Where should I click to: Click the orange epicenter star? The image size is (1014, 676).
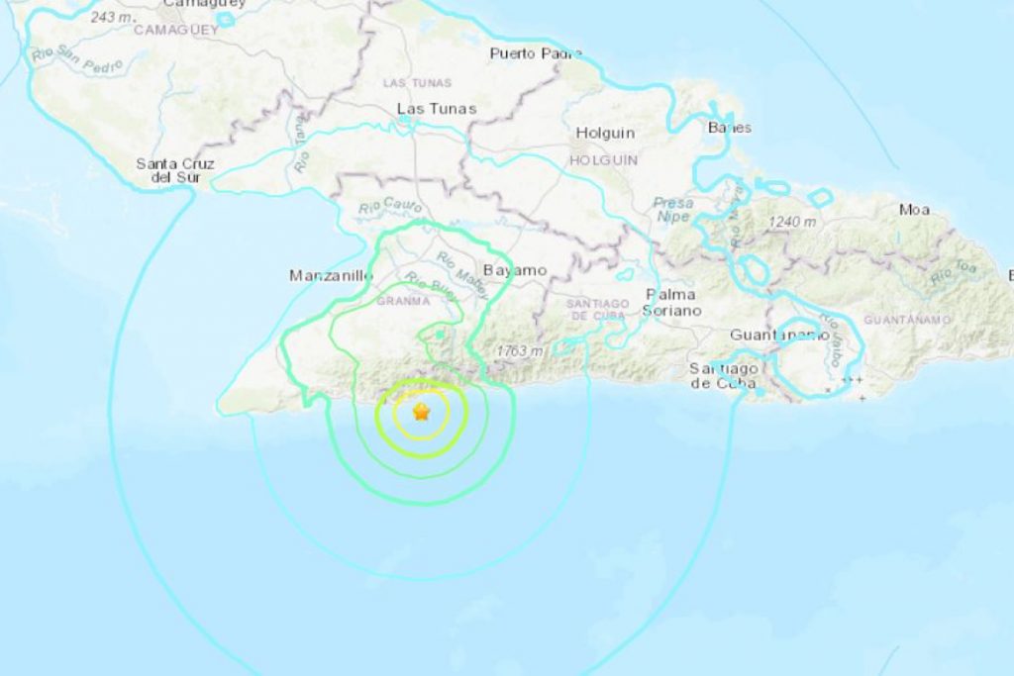click(422, 412)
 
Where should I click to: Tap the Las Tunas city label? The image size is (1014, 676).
click(437, 108)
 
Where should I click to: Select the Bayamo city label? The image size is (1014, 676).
click(515, 269)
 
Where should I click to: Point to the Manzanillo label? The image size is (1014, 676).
click(331, 276)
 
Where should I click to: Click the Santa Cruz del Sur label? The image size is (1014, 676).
click(175, 170)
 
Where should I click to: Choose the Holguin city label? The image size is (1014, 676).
click(605, 133)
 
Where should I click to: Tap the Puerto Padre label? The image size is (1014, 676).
click(536, 53)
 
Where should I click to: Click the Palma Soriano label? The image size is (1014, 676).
click(672, 302)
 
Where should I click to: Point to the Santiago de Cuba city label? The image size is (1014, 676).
click(724, 375)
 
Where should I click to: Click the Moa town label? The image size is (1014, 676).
click(914, 209)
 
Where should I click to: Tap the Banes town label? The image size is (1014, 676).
click(730, 128)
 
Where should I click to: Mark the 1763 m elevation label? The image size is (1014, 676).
click(521, 351)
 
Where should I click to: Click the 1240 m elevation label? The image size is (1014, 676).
click(796, 222)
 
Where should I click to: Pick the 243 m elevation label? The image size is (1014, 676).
click(112, 18)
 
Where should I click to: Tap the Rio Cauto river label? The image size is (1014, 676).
click(390, 208)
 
